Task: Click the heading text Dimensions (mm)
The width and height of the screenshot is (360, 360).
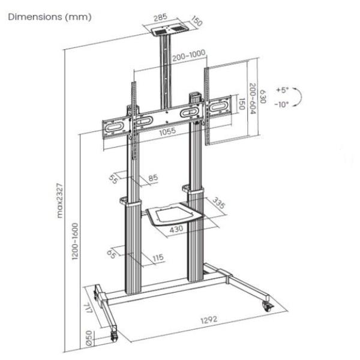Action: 49,17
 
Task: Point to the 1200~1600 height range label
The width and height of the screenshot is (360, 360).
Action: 76,242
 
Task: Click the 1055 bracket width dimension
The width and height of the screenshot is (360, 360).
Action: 167,133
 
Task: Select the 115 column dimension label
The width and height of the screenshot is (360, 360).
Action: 158,258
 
